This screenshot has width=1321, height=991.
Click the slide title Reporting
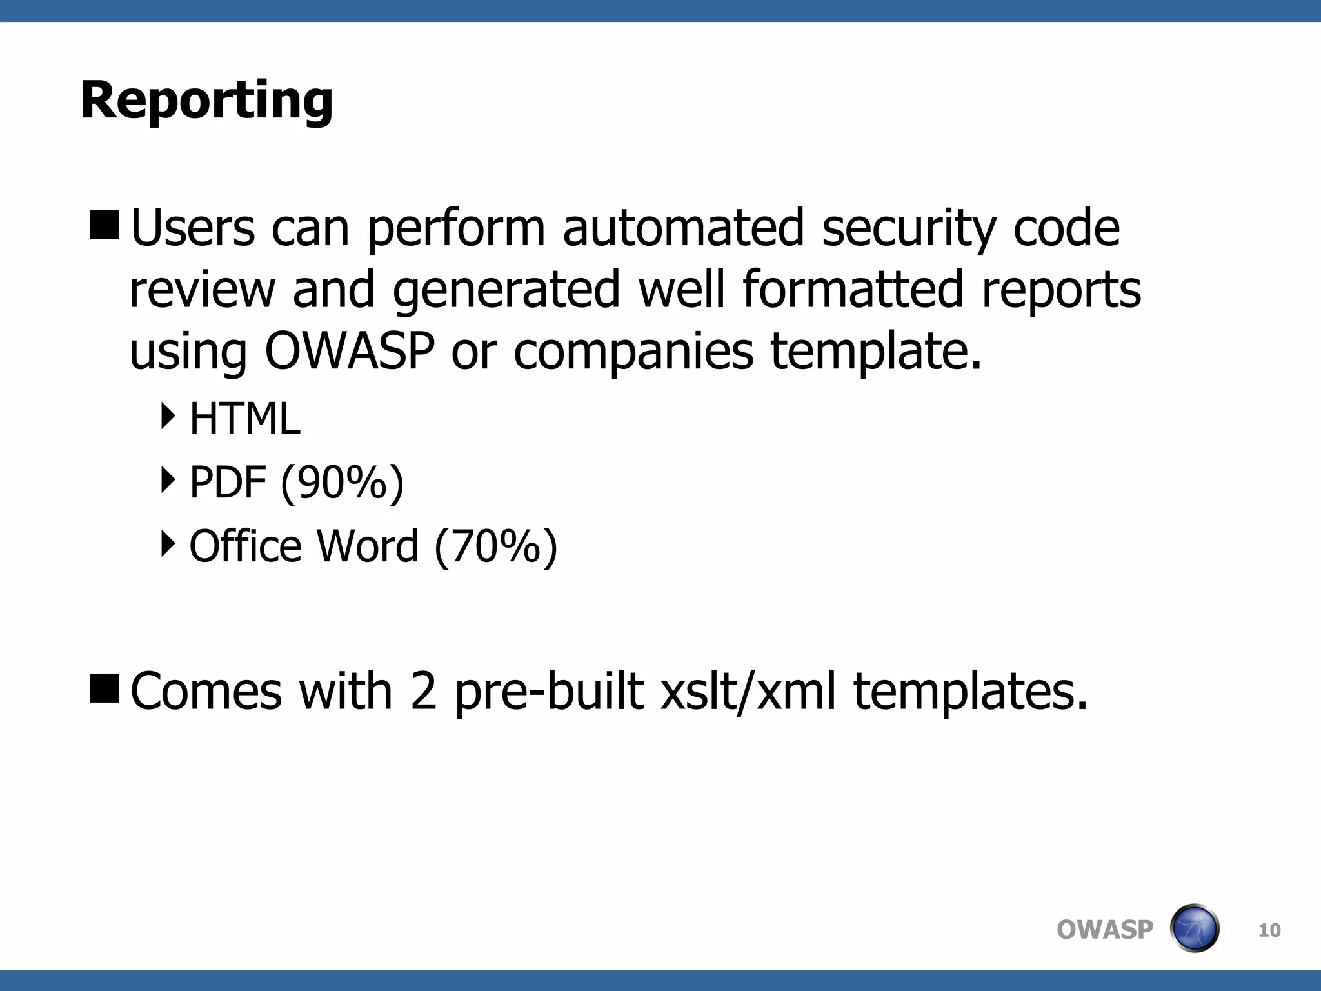(206, 101)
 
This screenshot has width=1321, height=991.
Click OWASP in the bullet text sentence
(349, 351)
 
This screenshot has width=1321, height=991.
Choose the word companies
(633, 352)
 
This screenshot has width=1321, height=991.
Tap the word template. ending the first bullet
(876, 352)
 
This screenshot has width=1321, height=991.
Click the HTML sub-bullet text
(244, 419)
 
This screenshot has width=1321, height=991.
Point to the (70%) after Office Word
(495, 546)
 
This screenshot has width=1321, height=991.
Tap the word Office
(245, 546)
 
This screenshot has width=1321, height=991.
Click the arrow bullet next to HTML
(168, 416)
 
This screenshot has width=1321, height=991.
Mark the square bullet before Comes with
(104, 688)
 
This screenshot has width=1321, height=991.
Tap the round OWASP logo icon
(1194, 928)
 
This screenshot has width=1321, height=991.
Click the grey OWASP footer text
(1104, 930)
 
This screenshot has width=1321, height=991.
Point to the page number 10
(1269, 930)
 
